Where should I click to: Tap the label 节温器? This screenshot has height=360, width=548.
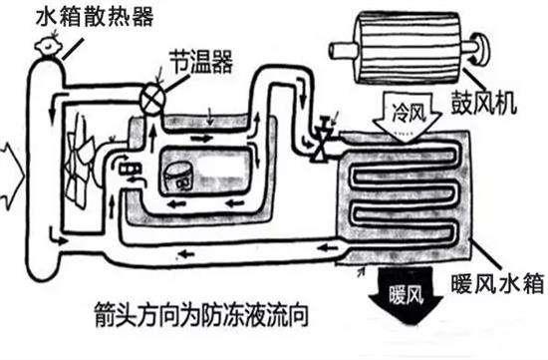(209, 65)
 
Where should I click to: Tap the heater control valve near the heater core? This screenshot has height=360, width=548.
(322, 141)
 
